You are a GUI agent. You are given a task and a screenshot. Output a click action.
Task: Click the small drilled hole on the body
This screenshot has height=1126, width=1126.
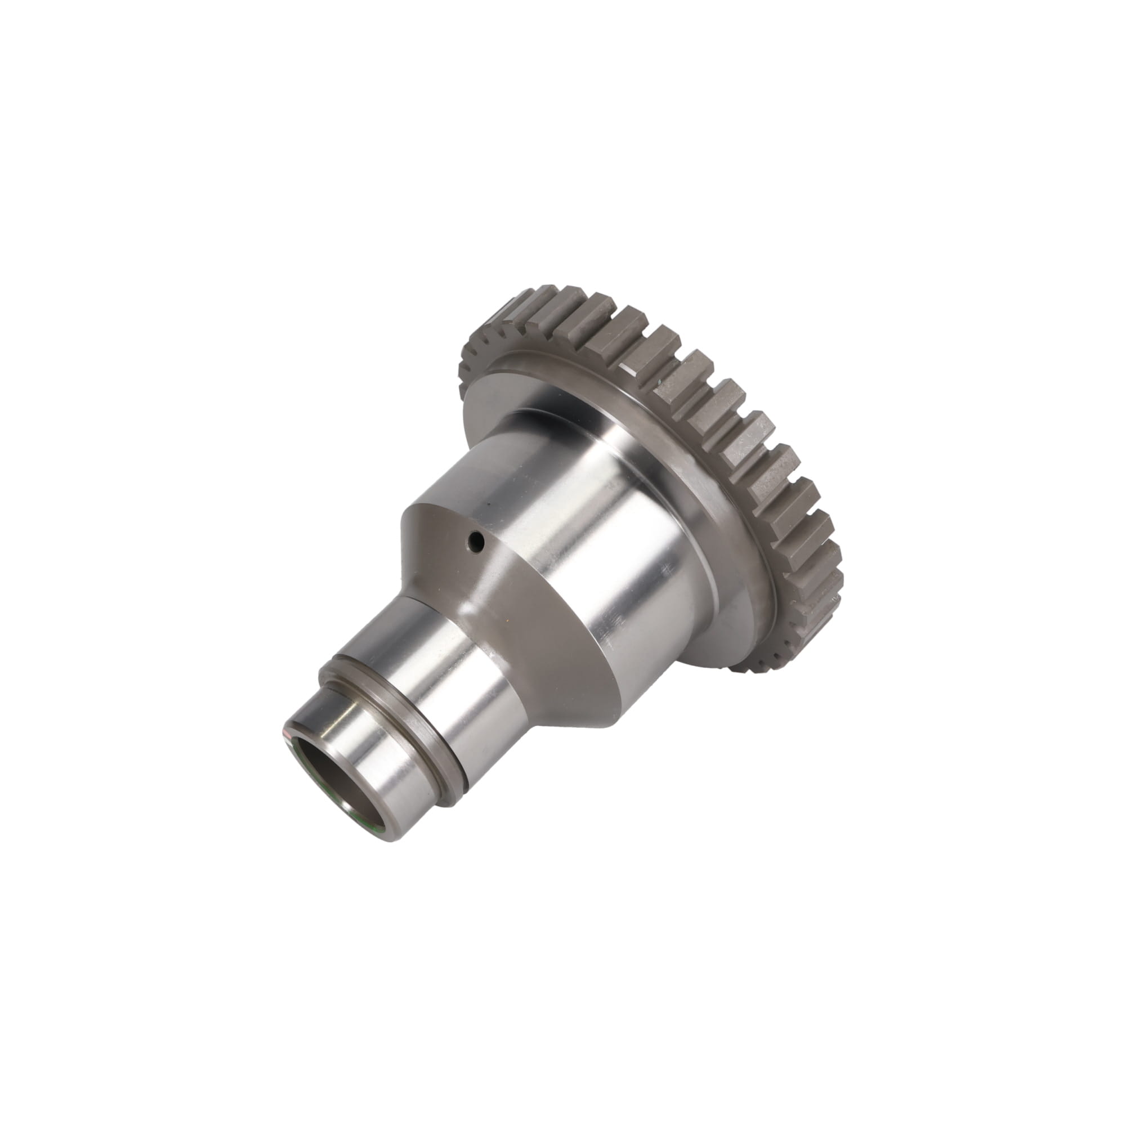[477, 543]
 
